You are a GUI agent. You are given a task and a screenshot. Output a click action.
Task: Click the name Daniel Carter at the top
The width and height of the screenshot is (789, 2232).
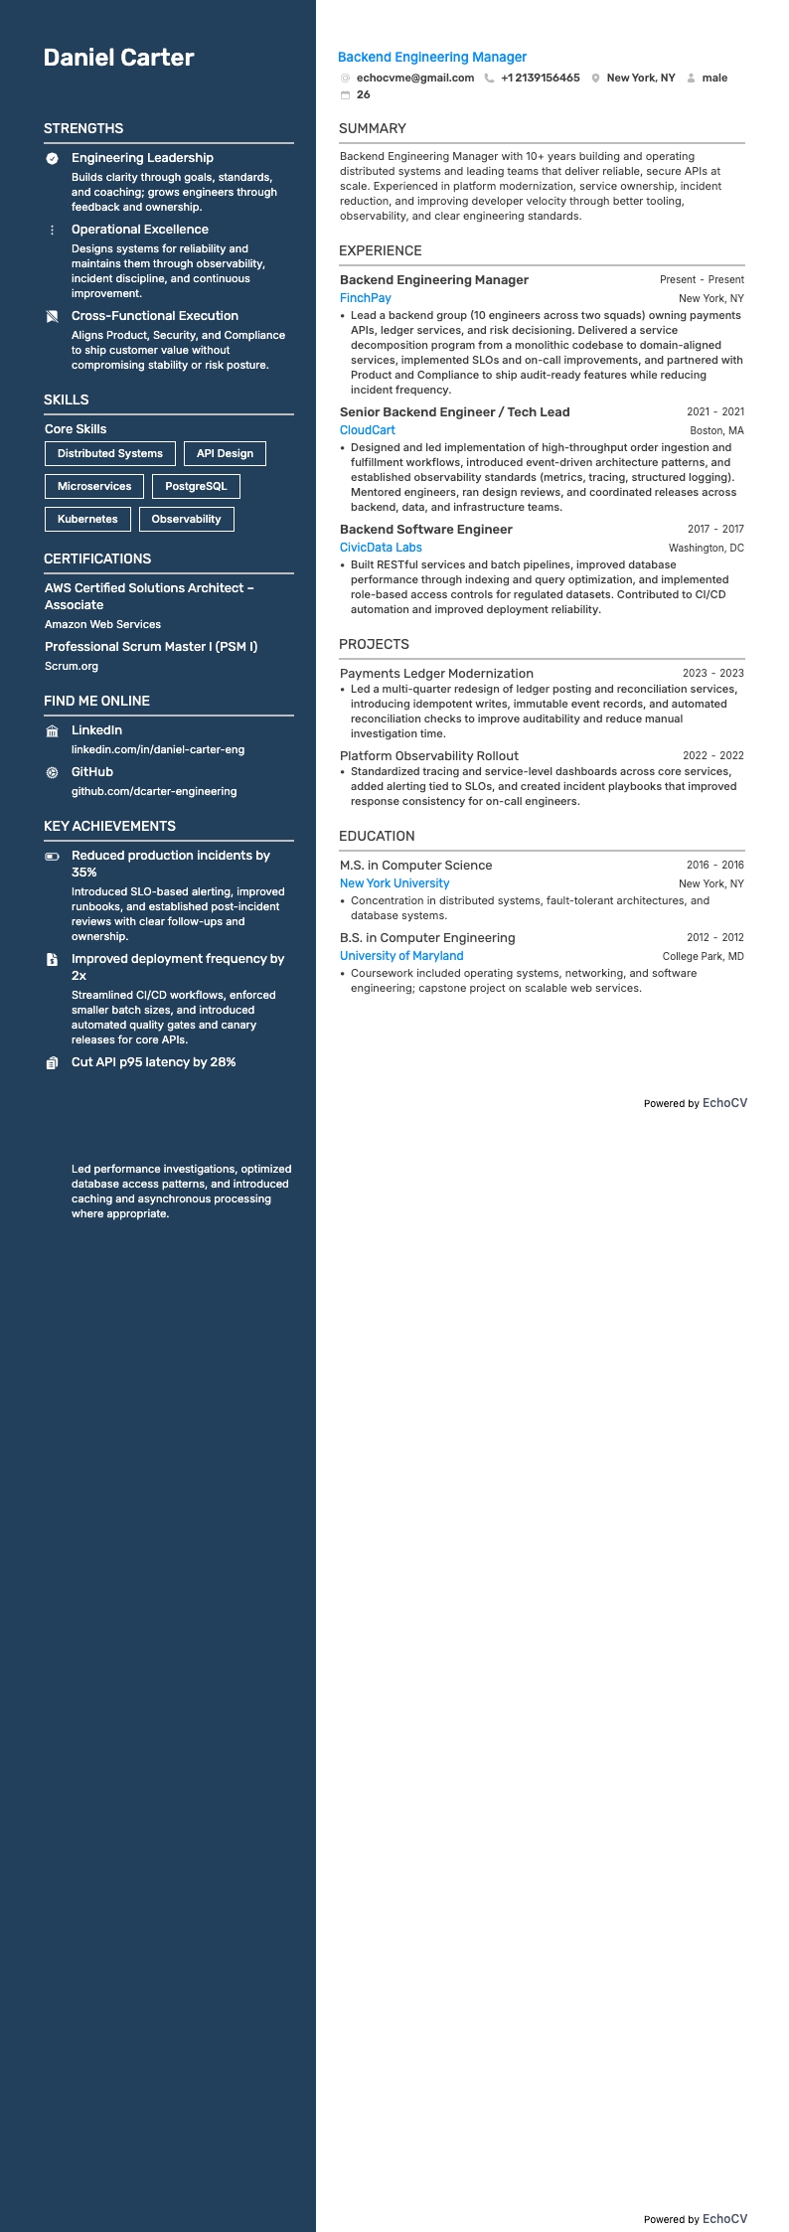coord(119,58)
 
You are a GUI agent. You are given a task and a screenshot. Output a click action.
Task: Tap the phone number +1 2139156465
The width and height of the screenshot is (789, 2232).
coord(540,78)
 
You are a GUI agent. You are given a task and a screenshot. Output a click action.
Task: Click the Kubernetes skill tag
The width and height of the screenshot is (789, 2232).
coord(87,519)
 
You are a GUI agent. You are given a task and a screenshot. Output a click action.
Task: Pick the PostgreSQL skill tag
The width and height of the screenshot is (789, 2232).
coord(196,486)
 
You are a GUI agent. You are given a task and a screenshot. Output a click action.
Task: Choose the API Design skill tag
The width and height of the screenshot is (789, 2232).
coord(225,453)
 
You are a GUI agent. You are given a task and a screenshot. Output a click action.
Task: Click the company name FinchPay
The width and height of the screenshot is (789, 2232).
coord(366,298)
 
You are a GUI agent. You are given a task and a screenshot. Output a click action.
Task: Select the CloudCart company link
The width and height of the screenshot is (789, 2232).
coord(368,430)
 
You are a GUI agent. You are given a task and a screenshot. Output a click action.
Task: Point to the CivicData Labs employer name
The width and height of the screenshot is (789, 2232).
coord(381,548)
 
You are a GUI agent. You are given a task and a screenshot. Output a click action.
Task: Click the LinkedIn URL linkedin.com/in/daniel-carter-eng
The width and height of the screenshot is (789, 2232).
coord(158,749)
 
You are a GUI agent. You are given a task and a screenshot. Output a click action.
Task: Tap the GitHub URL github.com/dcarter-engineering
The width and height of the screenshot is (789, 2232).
coord(154,791)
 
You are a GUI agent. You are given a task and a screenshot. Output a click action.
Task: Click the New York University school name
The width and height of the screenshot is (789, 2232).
coord(394,883)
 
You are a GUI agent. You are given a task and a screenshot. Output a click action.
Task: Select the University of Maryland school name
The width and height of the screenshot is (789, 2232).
coord(401,956)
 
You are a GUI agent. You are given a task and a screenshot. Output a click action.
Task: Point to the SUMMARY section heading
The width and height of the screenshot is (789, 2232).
coord(373,128)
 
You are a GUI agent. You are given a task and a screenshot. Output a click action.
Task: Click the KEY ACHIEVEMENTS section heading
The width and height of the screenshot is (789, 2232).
coord(109,826)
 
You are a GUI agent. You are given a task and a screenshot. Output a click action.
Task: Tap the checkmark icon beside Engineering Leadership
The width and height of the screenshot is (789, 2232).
coord(53,158)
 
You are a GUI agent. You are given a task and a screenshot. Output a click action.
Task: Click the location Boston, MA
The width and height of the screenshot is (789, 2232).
coord(716,431)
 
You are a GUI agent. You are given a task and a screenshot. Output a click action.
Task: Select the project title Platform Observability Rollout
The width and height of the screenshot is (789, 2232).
coord(429,756)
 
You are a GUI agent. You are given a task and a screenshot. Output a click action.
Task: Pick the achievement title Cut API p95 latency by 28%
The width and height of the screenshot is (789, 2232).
coord(154,1062)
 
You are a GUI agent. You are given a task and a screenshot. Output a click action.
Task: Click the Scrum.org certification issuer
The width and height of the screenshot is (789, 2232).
coord(72,666)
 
